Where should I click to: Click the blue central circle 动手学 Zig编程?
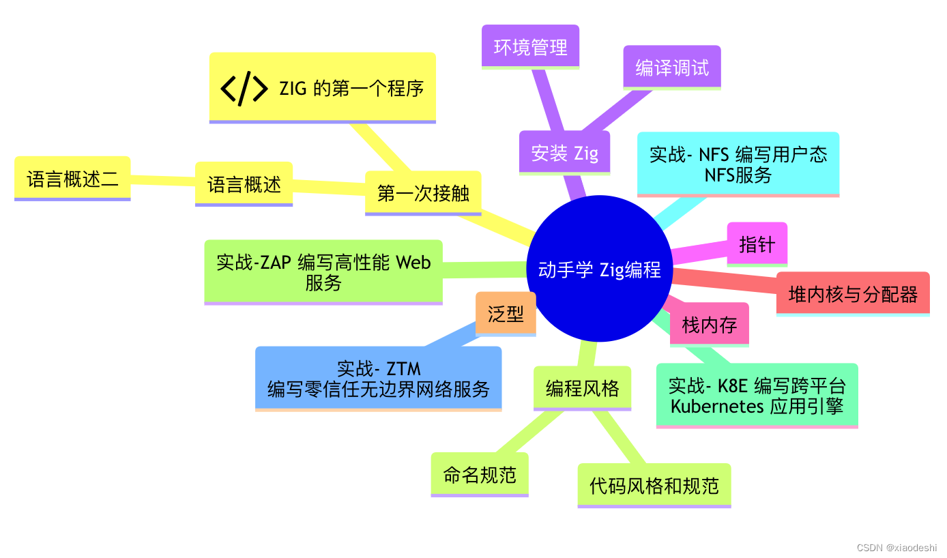(x=599, y=269)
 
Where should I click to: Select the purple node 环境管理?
(x=530, y=47)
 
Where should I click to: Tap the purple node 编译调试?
(x=672, y=67)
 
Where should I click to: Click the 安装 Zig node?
(x=565, y=153)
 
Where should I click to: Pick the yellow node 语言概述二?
(x=72, y=179)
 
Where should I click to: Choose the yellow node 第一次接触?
(x=423, y=193)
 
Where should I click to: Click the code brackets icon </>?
(x=244, y=88)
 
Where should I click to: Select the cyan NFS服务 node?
(x=738, y=164)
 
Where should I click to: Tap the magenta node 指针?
(x=757, y=244)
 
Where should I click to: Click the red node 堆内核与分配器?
(x=853, y=294)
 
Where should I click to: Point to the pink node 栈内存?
(x=710, y=324)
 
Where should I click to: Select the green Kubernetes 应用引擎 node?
(x=757, y=396)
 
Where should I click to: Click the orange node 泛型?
(x=506, y=313)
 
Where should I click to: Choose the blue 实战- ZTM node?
(x=379, y=379)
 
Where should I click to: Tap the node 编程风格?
(x=582, y=388)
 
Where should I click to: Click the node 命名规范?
(x=480, y=474)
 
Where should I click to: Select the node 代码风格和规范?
(x=654, y=485)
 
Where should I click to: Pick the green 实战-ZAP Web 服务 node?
(x=323, y=272)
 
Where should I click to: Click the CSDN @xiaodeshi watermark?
(x=897, y=547)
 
